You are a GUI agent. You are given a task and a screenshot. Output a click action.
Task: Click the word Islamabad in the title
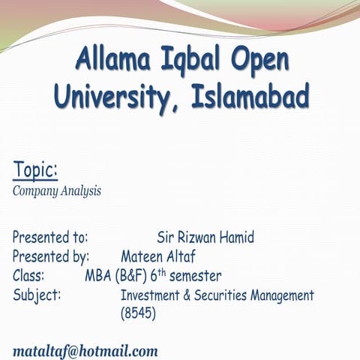pyautogui.click(x=250, y=96)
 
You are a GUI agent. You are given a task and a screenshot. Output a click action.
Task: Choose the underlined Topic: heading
pyautogui.click(x=35, y=170)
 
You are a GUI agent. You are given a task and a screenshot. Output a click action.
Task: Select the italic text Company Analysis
pyautogui.click(x=57, y=190)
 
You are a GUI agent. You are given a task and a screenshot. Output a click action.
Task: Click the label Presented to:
pyautogui.click(x=50, y=238)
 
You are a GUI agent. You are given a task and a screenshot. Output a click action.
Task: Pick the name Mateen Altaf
pyautogui.click(x=157, y=256)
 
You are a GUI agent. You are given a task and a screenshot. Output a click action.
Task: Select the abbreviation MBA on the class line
pyautogui.click(x=98, y=275)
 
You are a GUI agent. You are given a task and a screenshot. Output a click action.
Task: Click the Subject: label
pyautogui.click(x=37, y=295)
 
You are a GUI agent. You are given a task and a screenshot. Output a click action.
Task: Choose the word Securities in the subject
pyautogui.click(x=226, y=295)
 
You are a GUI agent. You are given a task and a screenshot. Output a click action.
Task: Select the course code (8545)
pyautogui.click(x=138, y=314)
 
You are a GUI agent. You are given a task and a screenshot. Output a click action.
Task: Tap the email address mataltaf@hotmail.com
pyautogui.click(x=85, y=350)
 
